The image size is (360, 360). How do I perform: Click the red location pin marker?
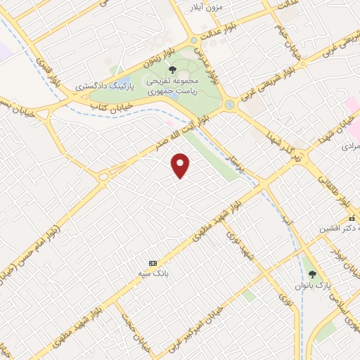click(x=181, y=165)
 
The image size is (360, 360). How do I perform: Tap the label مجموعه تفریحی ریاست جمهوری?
click(x=173, y=86)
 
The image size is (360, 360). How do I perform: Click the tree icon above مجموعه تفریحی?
click(x=173, y=70)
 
